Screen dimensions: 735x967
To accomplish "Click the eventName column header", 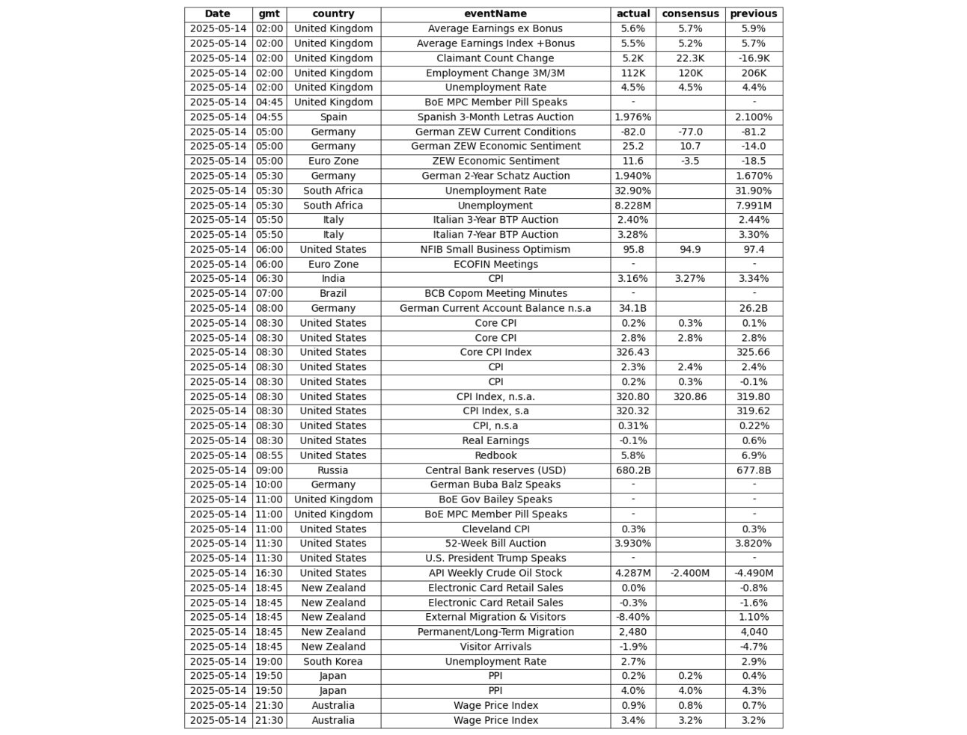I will pos(495,13).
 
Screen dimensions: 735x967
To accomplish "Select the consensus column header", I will pos(690,13).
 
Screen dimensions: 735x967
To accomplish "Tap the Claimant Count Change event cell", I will pos(495,58).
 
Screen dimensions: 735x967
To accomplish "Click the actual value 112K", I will pos(632,73).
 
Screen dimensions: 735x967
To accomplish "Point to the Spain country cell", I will pos(333,117).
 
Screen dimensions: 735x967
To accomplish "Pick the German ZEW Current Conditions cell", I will pos(495,132).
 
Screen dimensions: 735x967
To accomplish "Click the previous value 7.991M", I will pos(753,205).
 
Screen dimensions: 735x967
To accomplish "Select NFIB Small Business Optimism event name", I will pos(495,249).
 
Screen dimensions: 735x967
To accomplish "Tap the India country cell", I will pos(333,278).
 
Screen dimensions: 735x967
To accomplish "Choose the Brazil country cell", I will pos(333,293).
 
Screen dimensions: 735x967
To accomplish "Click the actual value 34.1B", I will pos(632,308).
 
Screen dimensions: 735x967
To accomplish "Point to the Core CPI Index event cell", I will pos(495,352).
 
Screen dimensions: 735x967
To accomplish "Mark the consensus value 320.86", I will pos(690,396).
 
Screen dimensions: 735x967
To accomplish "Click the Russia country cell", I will pos(333,470).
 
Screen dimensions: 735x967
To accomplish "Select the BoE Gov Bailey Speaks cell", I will pos(495,499).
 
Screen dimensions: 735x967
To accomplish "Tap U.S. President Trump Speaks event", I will pos(495,558).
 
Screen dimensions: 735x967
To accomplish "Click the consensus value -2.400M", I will pos(690,573).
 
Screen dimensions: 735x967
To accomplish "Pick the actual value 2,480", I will pos(632,632).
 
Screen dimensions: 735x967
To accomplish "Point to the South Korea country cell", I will pos(333,661).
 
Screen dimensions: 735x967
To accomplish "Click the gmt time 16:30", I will pos(269,573).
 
